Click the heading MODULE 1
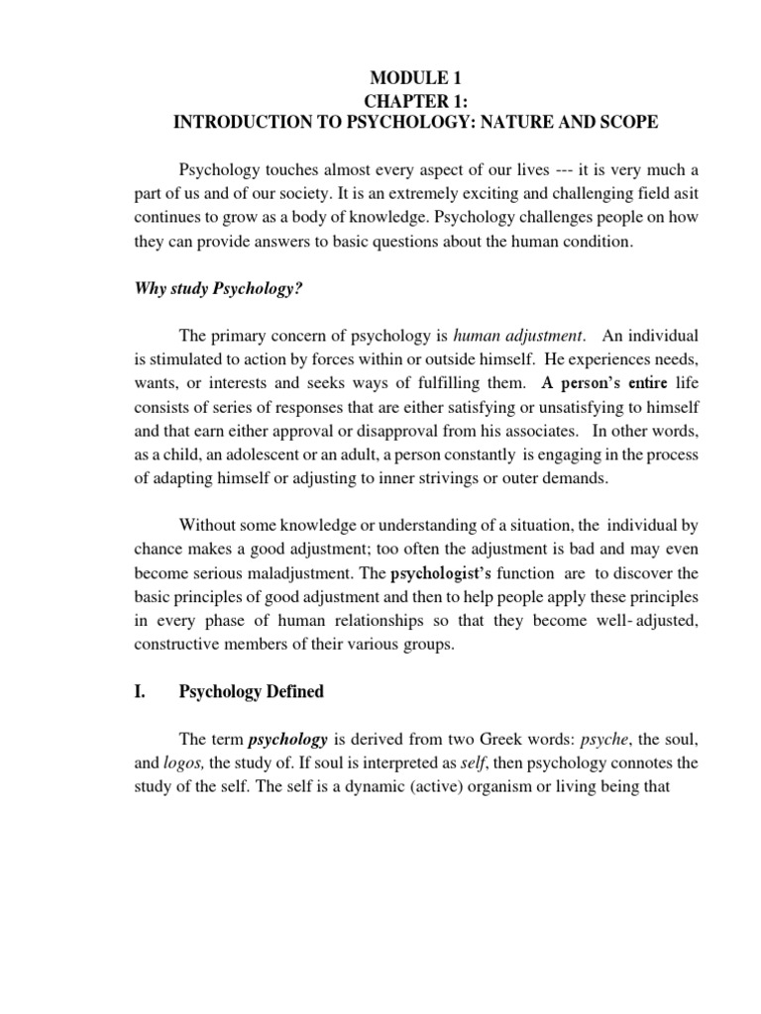pyautogui.click(x=416, y=78)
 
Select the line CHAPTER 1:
pyautogui.click(x=416, y=100)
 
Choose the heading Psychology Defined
pyautogui.click(x=251, y=691)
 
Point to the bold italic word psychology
pyautogui.click(x=287, y=739)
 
